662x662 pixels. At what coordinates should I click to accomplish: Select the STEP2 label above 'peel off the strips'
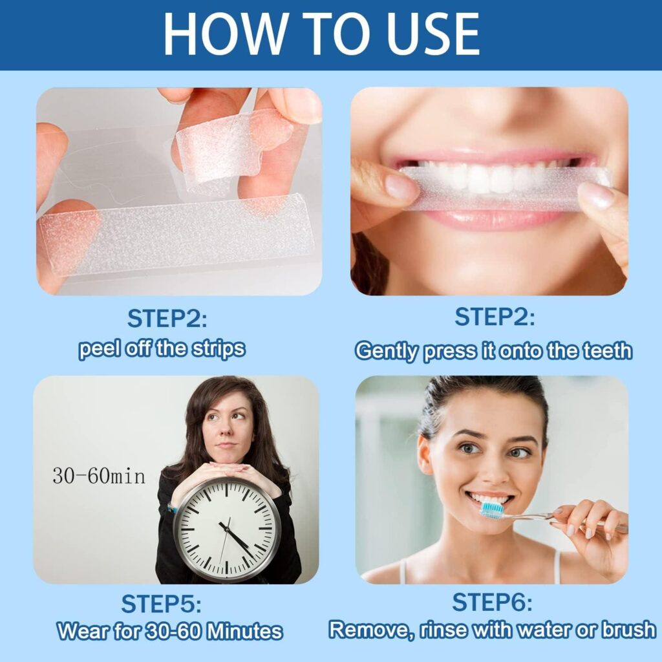point(167,319)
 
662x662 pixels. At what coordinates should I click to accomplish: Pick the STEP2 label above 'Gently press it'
point(495,317)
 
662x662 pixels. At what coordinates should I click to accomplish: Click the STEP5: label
point(162,604)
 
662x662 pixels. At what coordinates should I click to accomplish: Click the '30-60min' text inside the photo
point(99,477)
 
